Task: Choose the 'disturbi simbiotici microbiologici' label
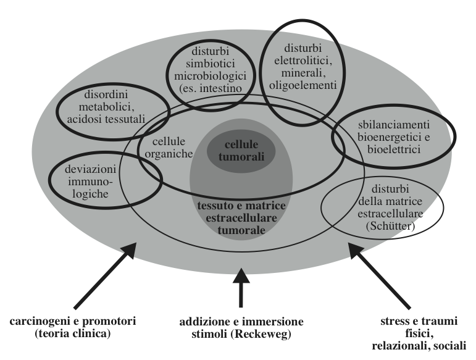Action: click(211, 78)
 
